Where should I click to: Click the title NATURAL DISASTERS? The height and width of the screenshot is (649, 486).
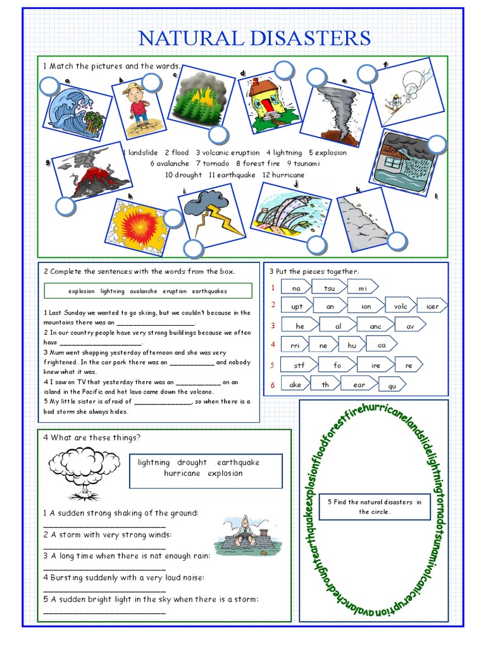254,38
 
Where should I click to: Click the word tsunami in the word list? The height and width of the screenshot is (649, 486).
306,164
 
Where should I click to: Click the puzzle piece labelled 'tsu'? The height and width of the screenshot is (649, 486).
329,288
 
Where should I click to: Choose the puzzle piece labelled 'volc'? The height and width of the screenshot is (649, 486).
401,306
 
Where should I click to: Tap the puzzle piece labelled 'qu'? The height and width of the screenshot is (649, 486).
392,385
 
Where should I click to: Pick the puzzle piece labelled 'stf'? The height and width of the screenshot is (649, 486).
299,366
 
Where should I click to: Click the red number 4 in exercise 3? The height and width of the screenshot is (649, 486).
273,345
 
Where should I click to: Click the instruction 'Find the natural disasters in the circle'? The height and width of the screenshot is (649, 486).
374,507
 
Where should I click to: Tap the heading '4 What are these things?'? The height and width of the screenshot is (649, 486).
92,438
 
